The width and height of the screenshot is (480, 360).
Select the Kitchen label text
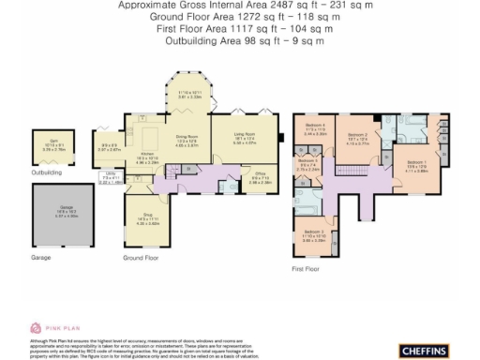146,155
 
